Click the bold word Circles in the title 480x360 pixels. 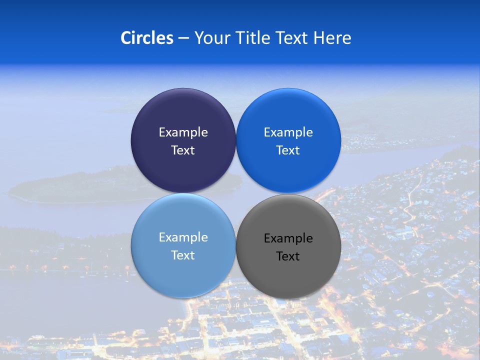(x=146, y=38)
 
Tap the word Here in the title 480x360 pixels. (x=332, y=38)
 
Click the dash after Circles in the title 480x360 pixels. (x=183, y=38)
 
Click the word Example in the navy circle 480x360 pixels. (x=183, y=132)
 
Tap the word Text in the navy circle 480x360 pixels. (x=183, y=150)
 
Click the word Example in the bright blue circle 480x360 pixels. (x=288, y=132)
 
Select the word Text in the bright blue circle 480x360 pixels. (x=288, y=150)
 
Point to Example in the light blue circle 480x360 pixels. (x=183, y=237)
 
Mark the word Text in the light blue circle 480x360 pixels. (x=183, y=255)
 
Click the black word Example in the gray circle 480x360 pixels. (x=288, y=238)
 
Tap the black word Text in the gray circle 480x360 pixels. (x=288, y=256)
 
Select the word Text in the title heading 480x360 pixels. (x=293, y=38)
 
